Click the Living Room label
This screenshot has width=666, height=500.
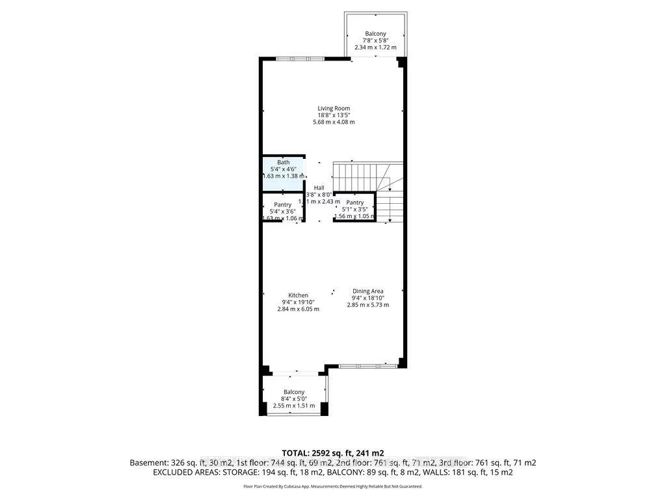coord(334,108)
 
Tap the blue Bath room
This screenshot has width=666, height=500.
coord(284,173)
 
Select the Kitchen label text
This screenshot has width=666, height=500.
coord(295,295)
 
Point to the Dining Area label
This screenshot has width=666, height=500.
coord(367,291)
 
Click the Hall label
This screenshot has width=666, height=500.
coord(319,187)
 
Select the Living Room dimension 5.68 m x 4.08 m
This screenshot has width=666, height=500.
coord(334,122)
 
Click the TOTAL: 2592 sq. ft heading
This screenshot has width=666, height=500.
coord(332,452)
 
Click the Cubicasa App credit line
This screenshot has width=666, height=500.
coord(332,486)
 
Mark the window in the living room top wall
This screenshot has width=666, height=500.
coord(300,59)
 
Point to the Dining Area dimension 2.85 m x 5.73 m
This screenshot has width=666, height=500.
coord(367,305)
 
